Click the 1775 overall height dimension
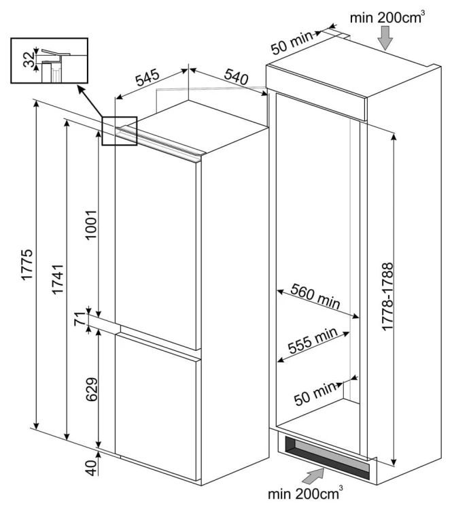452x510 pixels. click(27, 264)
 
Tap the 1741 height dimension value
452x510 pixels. click(58, 279)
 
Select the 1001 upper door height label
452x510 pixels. click(91, 225)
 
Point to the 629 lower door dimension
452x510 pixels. click(91, 390)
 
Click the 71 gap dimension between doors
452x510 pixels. click(80, 319)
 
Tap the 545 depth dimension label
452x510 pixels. click(147, 78)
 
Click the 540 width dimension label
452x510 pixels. click(237, 77)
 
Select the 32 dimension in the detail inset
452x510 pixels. click(29, 59)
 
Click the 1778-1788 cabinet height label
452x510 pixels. click(387, 296)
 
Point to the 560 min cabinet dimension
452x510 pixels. click(315, 296)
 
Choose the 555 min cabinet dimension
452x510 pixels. click(313, 341)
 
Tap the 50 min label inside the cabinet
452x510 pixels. click(315, 394)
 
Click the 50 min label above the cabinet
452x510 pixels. click(292, 43)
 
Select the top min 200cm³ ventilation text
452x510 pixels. click(387, 17)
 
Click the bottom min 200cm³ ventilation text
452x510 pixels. click(305, 493)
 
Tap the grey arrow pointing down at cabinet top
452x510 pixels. click(385, 38)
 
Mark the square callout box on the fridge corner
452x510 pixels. click(120, 131)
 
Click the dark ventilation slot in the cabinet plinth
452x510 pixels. click(328, 458)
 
